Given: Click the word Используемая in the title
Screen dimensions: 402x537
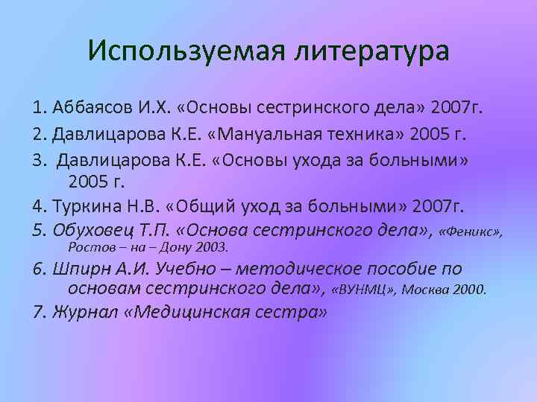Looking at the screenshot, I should click(169, 51).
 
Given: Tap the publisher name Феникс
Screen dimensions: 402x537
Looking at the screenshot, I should click(471, 232).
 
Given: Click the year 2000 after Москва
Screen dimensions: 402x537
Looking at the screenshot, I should click(470, 290).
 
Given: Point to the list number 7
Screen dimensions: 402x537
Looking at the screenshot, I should click(39, 312).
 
